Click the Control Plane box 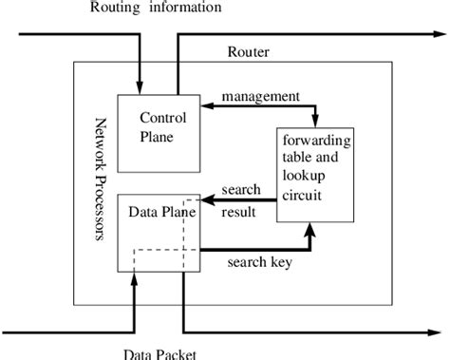coord(158,132)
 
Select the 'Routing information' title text coord(156,9)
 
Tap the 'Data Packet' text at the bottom coord(159,353)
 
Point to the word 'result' coord(237,212)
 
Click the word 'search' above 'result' coord(240,189)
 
